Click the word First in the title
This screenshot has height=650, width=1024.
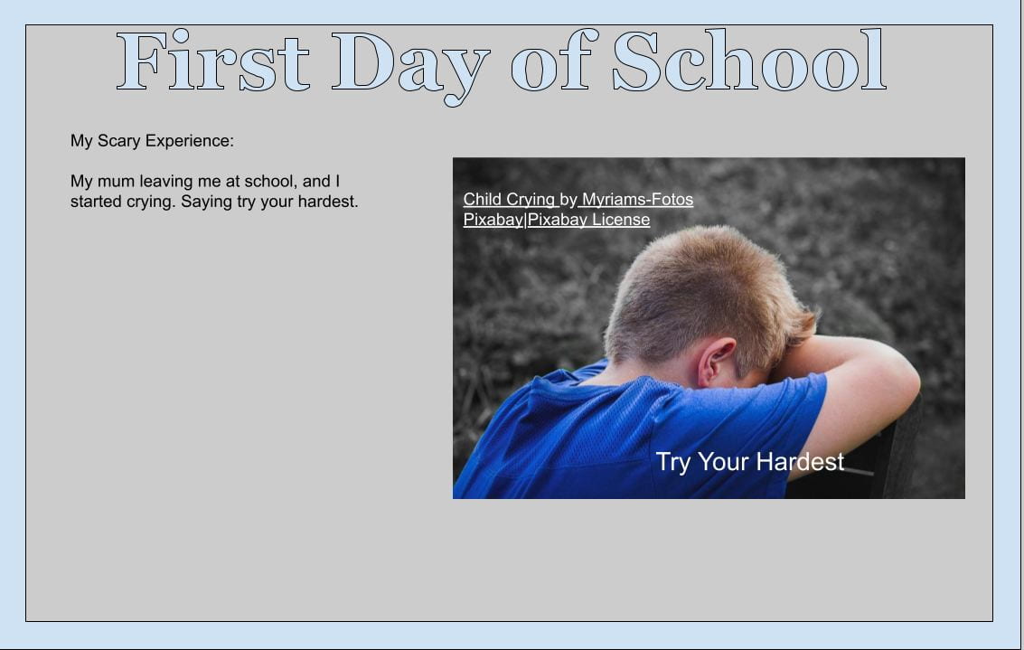213,61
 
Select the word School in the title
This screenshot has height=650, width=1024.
749,60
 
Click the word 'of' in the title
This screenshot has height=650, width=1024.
554,60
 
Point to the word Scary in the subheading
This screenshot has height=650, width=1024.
119,141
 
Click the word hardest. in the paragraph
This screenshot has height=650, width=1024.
328,202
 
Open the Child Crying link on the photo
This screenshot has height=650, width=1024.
510,199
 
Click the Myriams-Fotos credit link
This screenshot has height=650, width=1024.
637,199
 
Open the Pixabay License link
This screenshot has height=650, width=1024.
588,220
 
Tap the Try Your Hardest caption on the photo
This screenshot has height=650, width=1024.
750,462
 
